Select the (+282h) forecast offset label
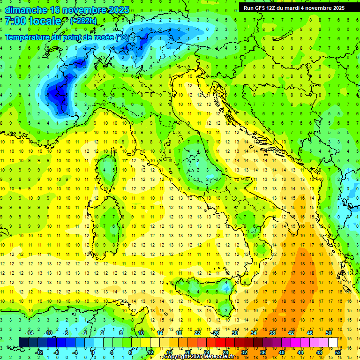click(84, 21)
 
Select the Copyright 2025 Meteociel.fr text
click(199, 357)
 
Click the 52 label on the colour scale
click(338, 352)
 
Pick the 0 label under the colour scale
click(93, 352)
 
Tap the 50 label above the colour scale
click(329, 332)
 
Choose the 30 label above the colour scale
click(234, 332)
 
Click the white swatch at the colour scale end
click(333, 342)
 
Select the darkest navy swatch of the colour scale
click(24, 342)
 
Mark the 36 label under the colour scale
click(263, 352)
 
